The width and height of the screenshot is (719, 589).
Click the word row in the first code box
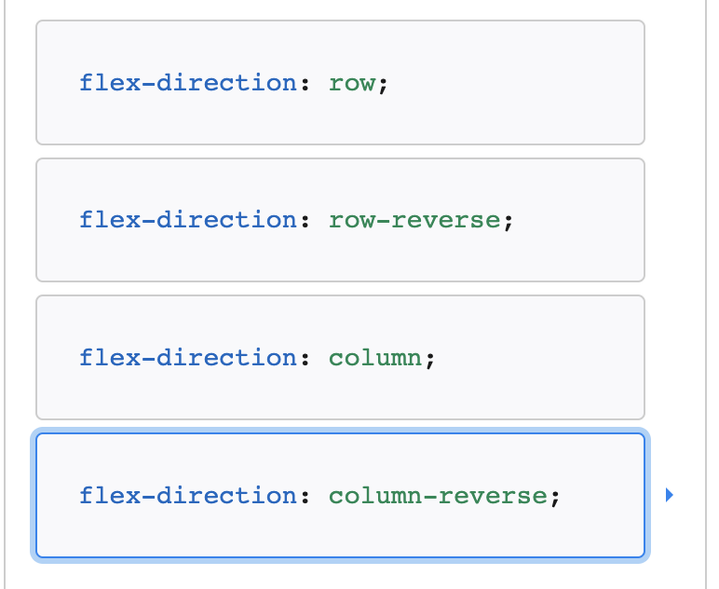coord(352,83)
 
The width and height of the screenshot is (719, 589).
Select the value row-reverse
coord(414,220)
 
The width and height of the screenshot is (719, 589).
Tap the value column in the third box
coord(375,358)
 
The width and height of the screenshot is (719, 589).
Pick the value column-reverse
coord(438,495)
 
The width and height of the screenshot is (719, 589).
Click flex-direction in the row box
coord(187,83)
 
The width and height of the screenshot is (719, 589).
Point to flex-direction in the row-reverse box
coord(187,220)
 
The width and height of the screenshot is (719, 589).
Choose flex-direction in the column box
coord(187,358)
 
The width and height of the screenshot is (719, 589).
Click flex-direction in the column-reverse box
coord(187,495)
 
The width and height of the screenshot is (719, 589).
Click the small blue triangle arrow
coord(668,496)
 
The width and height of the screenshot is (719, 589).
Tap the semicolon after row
coord(383,85)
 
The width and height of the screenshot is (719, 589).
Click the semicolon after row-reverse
coord(508,222)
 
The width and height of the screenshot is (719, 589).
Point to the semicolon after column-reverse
coord(554,497)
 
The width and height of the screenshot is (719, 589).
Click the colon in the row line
coord(305,85)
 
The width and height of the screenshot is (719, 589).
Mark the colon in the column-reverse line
coord(305,497)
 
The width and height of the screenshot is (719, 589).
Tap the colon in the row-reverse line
coord(305,222)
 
